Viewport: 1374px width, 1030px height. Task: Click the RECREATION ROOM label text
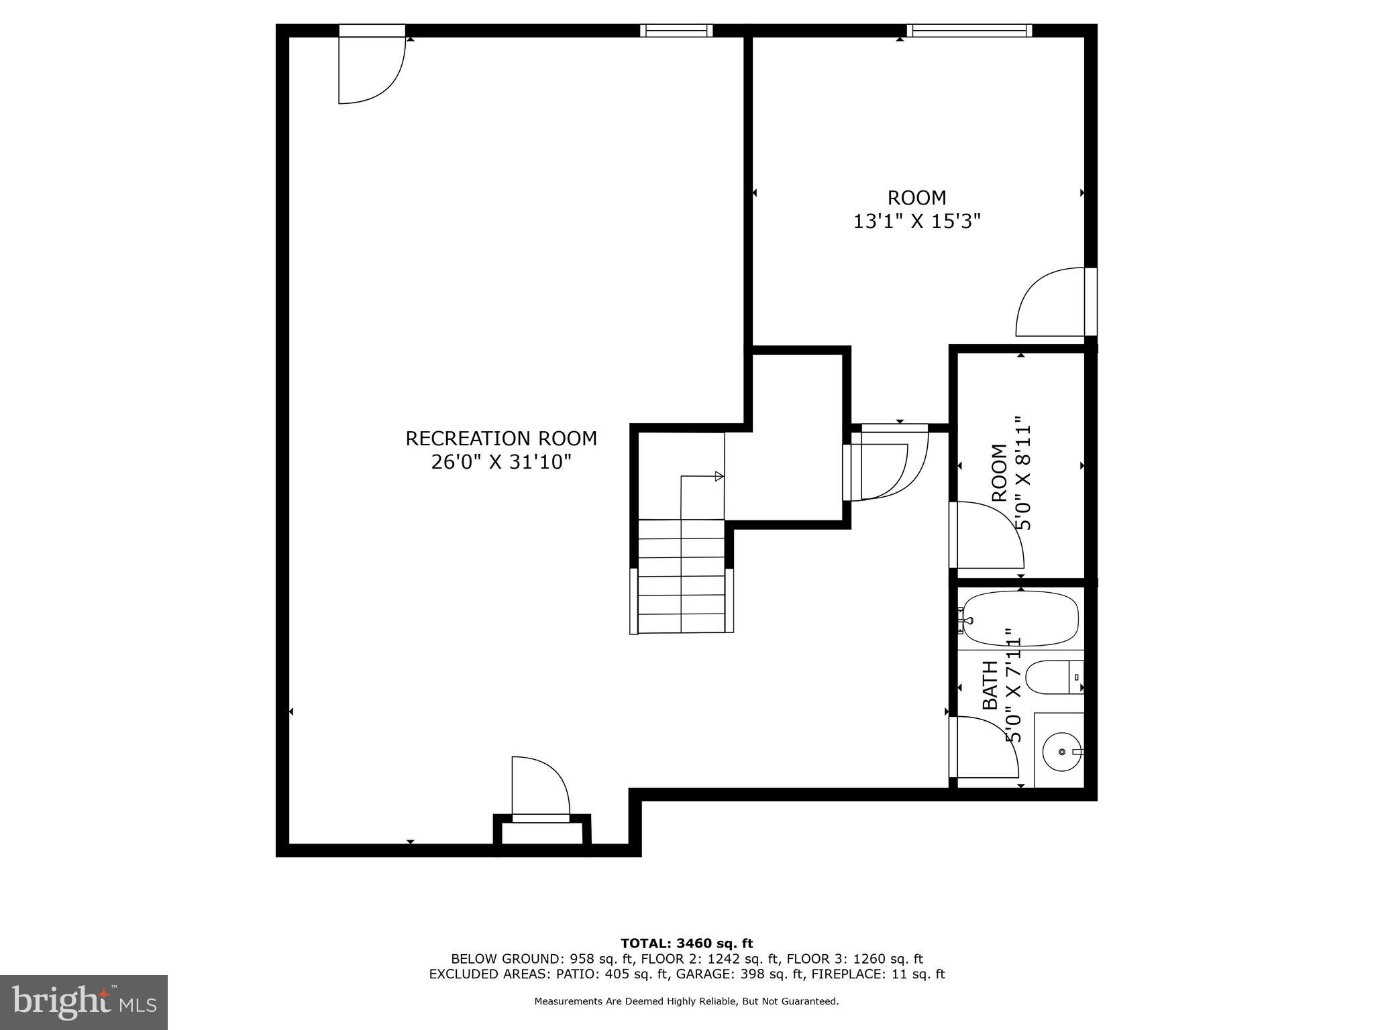(x=501, y=439)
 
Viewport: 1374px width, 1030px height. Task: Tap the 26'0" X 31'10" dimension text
(x=501, y=462)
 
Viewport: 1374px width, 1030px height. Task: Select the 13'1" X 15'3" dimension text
(x=916, y=221)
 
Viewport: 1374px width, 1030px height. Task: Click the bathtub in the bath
(x=1020, y=619)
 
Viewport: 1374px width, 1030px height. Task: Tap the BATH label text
(x=990, y=685)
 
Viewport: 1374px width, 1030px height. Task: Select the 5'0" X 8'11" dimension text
(x=1022, y=473)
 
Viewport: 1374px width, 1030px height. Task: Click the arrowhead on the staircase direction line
(x=719, y=476)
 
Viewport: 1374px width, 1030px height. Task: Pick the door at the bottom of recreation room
(x=539, y=788)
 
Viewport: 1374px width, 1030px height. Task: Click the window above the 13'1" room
(x=969, y=30)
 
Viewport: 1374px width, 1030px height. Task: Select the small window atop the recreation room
(x=676, y=30)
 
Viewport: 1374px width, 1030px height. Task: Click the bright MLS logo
(x=84, y=1002)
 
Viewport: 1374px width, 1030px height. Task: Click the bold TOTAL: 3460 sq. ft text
(x=686, y=943)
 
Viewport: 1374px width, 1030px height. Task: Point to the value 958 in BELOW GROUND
(x=582, y=959)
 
